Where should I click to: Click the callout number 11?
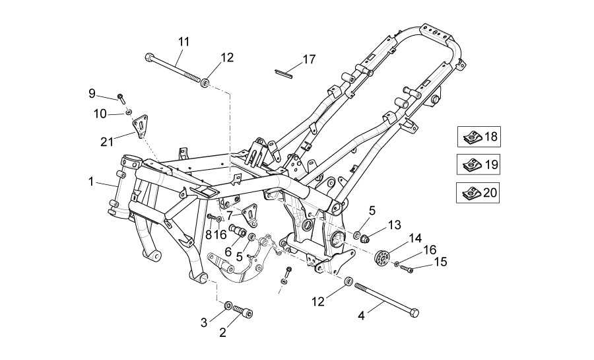point(183,42)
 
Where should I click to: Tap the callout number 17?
point(309,59)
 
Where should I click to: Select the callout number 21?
point(106,141)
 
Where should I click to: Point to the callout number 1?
point(91,180)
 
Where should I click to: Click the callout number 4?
point(361,316)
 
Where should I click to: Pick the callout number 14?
point(414,238)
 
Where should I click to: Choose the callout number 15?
point(440,262)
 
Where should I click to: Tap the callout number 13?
point(394,225)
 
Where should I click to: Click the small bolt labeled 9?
point(121,98)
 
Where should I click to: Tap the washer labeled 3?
point(228,305)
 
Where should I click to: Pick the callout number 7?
point(230,215)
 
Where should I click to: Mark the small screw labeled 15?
point(407,268)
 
